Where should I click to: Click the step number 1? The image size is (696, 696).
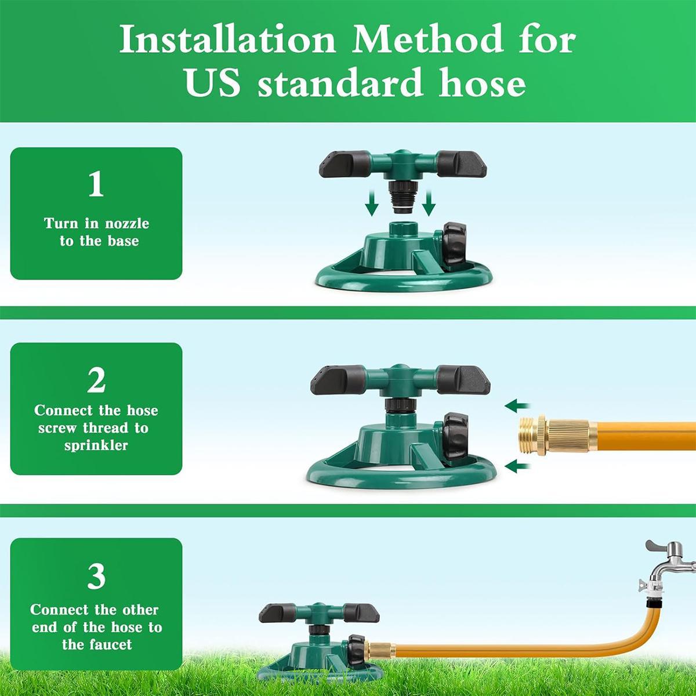click(x=96, y=184)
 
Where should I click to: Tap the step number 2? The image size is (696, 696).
click(x=96, y=380)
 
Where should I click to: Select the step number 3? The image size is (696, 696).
click(x=96, y=576)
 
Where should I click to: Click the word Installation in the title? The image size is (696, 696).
click(x=227, y=41)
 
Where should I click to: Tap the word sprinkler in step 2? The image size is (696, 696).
click(x=96, y=446)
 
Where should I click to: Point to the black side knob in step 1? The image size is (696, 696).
click(x=455, y=243)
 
